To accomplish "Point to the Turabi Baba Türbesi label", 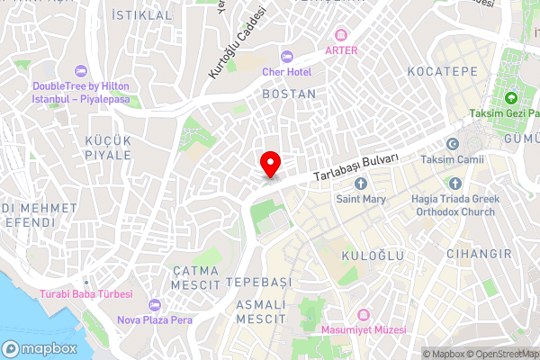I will (x=85, y=294).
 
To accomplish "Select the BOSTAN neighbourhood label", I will (x=289, y=94).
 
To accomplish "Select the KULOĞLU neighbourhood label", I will (x=370, y=257).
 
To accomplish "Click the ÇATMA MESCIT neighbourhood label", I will (x=196, y=277).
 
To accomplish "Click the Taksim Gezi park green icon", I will (x=510, y=98).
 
